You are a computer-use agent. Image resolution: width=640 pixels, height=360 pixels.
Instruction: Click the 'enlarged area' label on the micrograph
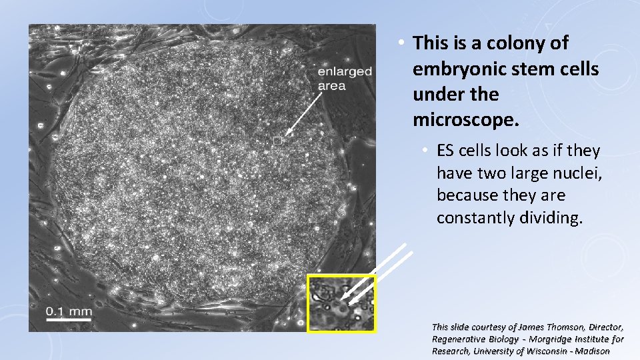[344, 79]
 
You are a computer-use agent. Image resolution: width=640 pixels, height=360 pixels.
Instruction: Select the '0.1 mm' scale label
[69, 311]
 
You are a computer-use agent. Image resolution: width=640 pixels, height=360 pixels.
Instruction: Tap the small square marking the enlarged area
[278, 140]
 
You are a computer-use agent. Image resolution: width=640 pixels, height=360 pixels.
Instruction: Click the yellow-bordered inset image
[341, 303]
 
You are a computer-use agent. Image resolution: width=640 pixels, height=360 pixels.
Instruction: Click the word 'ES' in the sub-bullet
[445, 151]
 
